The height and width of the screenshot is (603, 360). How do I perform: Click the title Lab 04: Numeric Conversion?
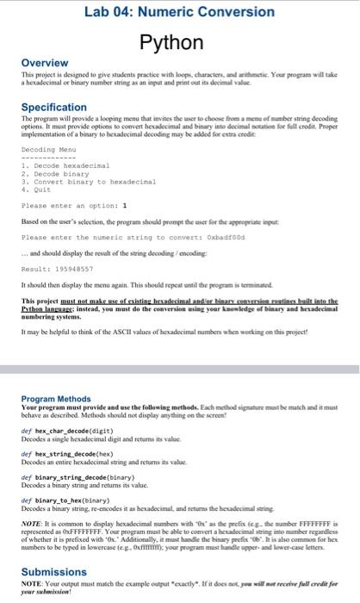pyautogui.click(x=179, y=12)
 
